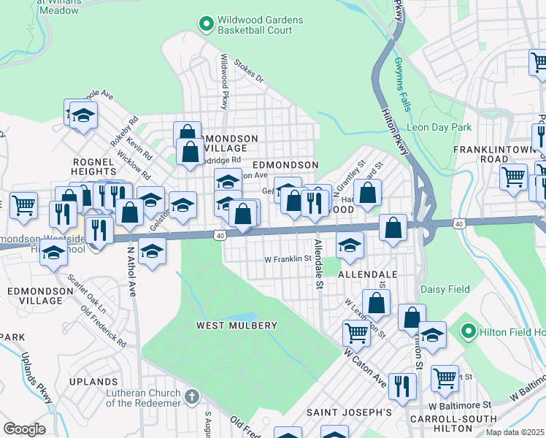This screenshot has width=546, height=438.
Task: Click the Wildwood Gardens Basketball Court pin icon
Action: click(x=207, y=25)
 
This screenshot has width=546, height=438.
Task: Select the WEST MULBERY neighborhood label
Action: click(x=237, y=325)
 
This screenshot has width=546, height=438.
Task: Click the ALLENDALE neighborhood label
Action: click(x=367, y=274)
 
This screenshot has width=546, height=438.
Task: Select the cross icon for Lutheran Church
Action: click(x=191, y=398)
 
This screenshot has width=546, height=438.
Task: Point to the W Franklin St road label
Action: click(x=288, y=258)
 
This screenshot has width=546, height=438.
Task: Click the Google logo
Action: click(x=24, y=429)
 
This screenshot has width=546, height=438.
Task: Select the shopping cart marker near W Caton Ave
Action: click(x=356, y=332)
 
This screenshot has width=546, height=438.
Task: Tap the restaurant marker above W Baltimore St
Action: click(x=402, y=386)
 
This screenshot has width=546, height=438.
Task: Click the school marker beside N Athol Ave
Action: click(x=151, y=251)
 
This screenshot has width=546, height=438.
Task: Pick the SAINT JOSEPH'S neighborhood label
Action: click(x=348, y=412)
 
